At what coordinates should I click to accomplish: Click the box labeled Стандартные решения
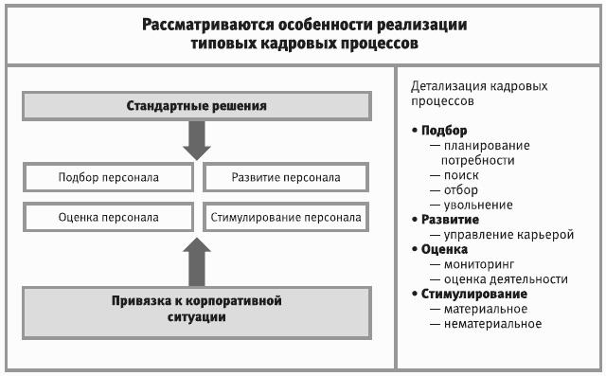(197, 106)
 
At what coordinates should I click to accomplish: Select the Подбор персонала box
(108, 177)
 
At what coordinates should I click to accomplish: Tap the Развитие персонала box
(286, 177)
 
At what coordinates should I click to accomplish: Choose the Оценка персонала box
(108, 217)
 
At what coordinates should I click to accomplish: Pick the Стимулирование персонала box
(286, 217)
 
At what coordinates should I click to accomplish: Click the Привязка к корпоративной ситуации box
(197, 313)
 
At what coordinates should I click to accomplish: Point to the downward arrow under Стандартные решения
(197, 141)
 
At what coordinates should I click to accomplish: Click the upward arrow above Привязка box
(197, 261)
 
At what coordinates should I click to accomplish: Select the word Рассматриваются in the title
(208, 26)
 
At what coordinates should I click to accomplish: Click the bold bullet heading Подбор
(444, 131)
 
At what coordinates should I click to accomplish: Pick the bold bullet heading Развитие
(450, 220)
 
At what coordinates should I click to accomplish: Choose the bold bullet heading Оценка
(444, 249)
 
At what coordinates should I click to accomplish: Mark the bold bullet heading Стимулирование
(474, 294)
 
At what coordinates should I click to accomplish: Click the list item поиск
(461, 175)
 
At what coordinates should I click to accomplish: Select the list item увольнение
(478, 205)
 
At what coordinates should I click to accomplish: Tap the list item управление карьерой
(508, 235)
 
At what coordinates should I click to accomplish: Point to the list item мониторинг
(479, 264)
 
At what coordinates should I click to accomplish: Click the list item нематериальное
(492, 324)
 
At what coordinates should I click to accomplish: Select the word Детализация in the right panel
(448, 86)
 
